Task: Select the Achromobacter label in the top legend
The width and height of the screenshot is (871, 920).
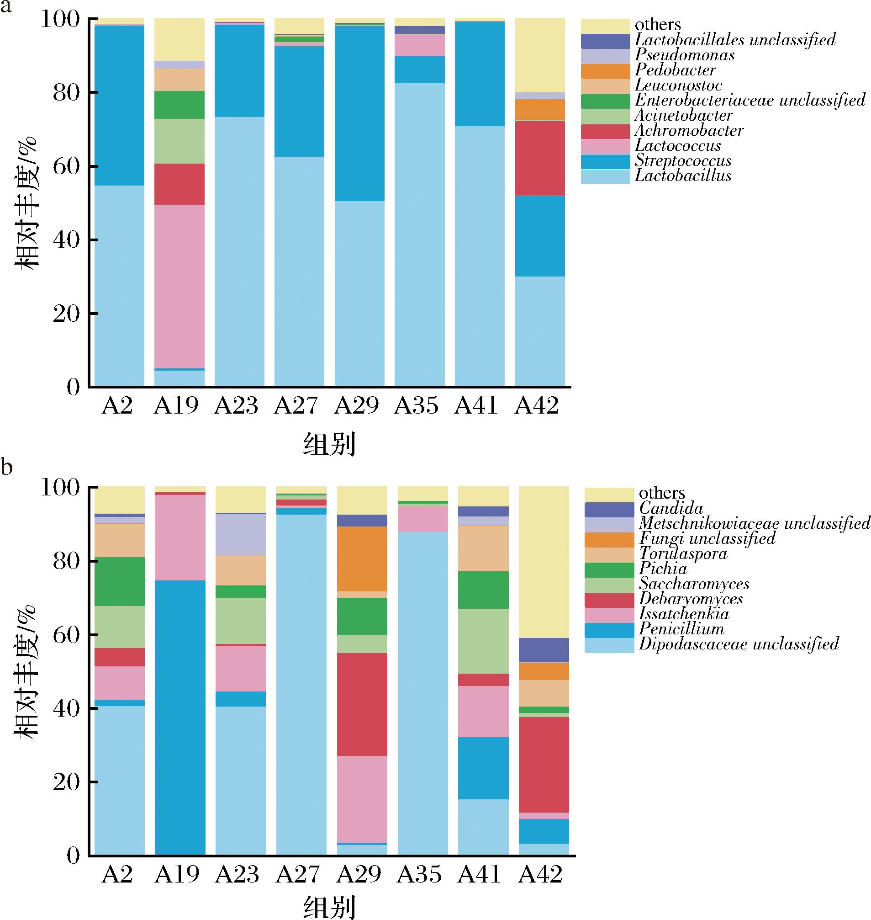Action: click(689, 131)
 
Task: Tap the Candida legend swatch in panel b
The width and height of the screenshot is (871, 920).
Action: click(609, 510)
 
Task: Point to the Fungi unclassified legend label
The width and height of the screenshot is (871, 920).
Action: click(707, 538)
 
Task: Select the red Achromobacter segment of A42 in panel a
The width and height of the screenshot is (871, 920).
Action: click(540, 158)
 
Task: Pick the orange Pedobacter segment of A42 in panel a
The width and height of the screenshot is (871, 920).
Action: click(540, 110)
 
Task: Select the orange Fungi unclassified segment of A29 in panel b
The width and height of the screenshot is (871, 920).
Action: click(362, 558)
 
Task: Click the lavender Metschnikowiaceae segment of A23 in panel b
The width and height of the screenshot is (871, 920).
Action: click(241, 534)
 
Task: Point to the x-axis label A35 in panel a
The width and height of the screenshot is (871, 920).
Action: click(417, 406)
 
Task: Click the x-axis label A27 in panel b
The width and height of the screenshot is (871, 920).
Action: click(298, 874)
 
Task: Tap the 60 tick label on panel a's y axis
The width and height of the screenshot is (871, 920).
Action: click(66, 166)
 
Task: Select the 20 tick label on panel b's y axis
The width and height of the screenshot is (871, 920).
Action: click(66, 782)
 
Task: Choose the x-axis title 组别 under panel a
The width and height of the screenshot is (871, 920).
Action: click(329, 445)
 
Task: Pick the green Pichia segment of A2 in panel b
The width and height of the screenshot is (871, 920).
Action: click(120, 581)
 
